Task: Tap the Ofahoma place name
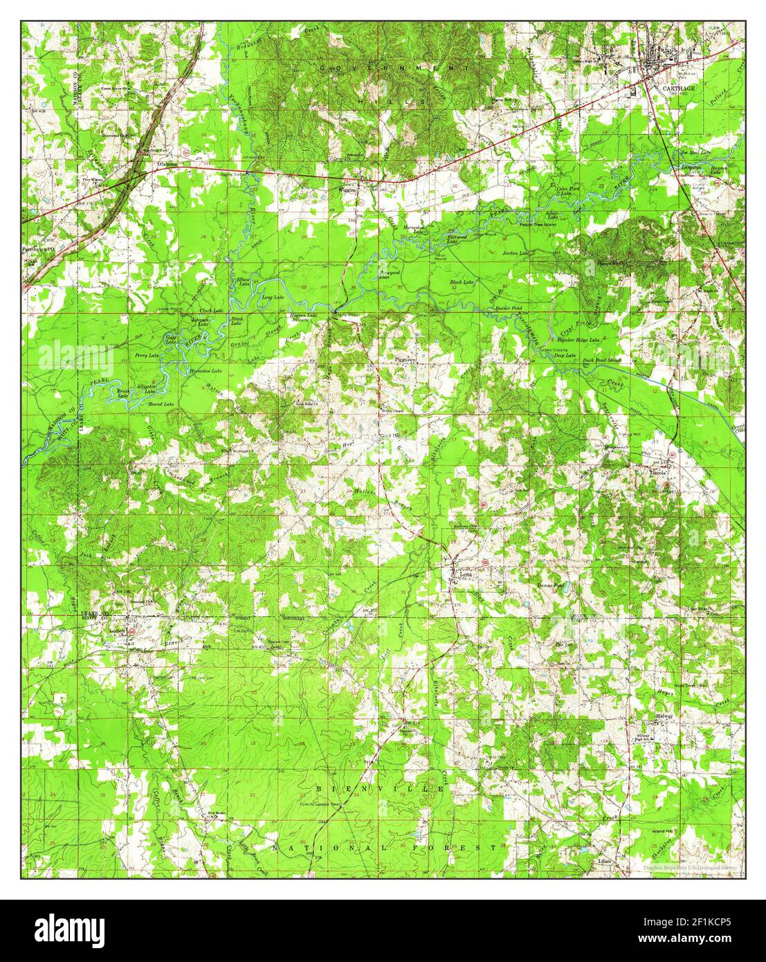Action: pyautogui.click(x=167, y=164)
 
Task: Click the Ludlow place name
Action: pyautogui.click(x=113, y=630)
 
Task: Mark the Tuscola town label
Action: pyautogui.click(x=657, y=473)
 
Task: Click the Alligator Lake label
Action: pyautogui.click(x=146, y=388)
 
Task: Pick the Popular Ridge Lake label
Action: pyautogui.click(x=578, y=341)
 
